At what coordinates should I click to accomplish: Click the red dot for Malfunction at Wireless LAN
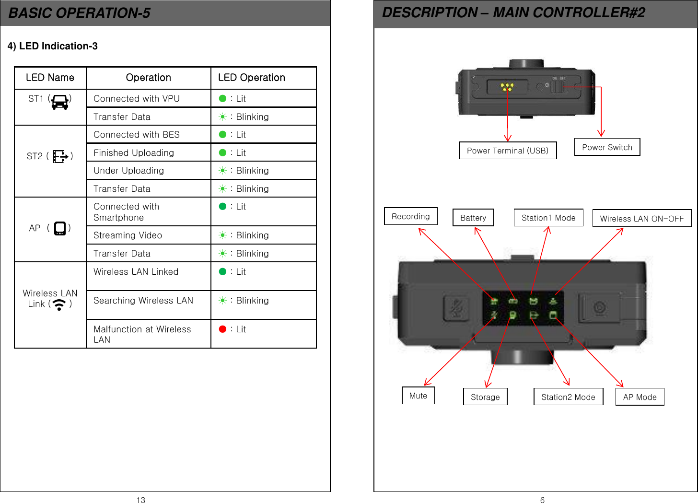click(x=222, y=329)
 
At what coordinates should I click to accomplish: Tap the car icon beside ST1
click(x=60, y=102)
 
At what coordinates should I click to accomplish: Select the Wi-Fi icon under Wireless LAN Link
click(x=59, y=304)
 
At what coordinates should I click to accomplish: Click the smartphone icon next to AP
click(x=60, y=228)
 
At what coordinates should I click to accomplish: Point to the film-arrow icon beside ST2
click(x=60, y=156)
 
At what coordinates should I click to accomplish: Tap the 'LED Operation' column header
click(x=252, y=78)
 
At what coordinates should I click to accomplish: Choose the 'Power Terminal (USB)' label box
click(x=508, y=151)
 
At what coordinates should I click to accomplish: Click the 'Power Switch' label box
click(x=607, y=147)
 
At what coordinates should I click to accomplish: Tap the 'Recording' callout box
click(x=411, y=216)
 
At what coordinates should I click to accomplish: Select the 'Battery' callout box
click(x=473, y=218)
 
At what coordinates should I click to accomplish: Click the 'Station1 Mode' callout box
click(x=548, y=218)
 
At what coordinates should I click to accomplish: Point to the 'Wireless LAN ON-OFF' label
click(x=642, y=219)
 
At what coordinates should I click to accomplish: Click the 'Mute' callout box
click(x=418, y=396)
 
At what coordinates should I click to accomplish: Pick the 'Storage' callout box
click(x=485, y=397)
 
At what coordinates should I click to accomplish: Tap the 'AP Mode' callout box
click(x=640, y=397)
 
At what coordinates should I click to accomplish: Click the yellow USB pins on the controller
click(x=507, y=87)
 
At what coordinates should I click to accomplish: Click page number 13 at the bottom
click(x=141, y=500)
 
